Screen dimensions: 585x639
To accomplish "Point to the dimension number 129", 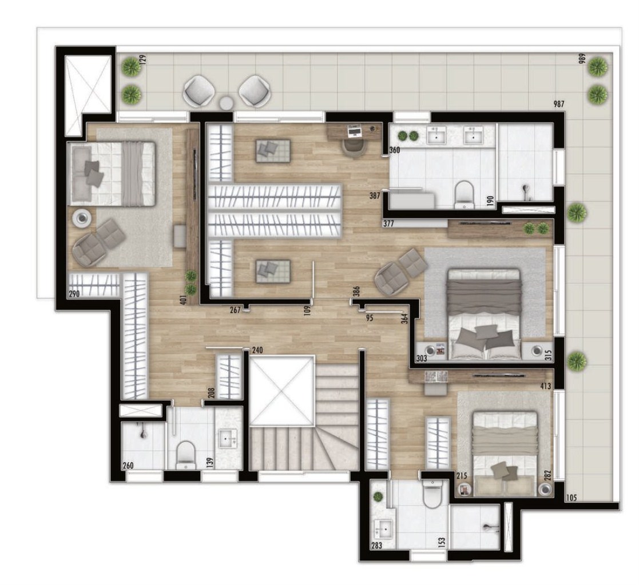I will point(143,59).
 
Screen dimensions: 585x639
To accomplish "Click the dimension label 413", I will point(545,387).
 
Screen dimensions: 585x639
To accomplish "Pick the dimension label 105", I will point(571,498).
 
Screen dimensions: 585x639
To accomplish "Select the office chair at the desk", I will point(355,147).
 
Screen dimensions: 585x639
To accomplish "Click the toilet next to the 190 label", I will point(464,194).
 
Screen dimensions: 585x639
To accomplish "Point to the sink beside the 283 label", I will point(386,530).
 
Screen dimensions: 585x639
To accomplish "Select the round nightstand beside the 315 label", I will point(537,351).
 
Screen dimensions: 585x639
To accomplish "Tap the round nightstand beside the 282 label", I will point(545,490).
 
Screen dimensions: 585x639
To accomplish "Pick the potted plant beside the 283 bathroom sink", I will point(378,497).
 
